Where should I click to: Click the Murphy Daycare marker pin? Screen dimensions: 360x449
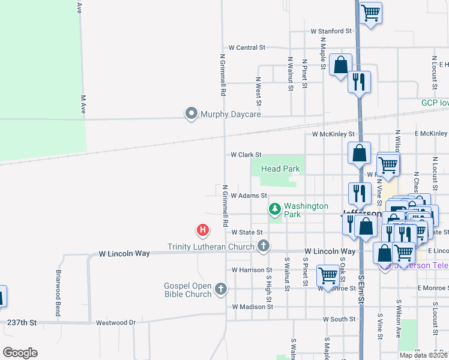[191, 113]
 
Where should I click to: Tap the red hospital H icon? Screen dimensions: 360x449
[203, 230]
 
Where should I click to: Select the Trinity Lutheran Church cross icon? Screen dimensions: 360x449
[263, 245]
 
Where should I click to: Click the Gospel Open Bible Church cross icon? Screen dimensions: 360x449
[221, 289]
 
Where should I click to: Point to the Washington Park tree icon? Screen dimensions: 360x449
[275, 209]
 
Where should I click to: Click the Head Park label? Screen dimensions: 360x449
[280, 169]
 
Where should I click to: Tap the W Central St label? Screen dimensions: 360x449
[247, 47]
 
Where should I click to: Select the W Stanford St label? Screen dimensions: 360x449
[331, 31]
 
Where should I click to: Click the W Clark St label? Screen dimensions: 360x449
[246, 155]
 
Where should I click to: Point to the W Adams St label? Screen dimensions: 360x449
[249, 195]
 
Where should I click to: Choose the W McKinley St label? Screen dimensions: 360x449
[333, 134]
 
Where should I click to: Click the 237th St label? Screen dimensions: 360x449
[22, 322]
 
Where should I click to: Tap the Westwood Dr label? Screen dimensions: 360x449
[116, 322]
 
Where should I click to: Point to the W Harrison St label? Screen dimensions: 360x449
[252, 270]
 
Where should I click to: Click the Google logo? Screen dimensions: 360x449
[20, 353]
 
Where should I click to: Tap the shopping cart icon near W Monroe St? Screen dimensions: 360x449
[328, 275]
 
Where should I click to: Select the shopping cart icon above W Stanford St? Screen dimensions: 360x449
[371, 11]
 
